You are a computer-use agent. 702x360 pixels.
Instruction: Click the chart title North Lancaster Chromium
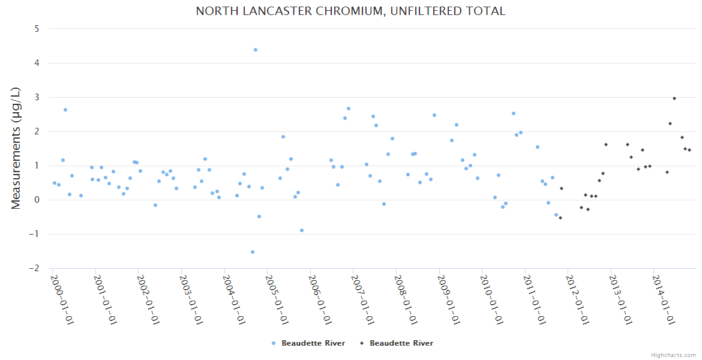(x=350, y=11)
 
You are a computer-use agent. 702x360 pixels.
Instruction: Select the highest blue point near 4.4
(x=256, y=50)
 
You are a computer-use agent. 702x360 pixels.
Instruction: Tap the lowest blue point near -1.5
(x=253, y=252)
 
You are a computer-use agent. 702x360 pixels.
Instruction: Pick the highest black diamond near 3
(x=674, y=98)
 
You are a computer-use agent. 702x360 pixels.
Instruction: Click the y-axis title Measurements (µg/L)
(x=16, y=148)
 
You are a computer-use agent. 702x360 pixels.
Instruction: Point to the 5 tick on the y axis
(x=37, y=28)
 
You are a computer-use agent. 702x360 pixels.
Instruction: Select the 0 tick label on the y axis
(x=37, y=200)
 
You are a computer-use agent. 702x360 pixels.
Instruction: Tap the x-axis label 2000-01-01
(x=62, y=299)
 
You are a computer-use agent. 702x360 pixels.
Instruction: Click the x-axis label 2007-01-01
(x=363, y=299)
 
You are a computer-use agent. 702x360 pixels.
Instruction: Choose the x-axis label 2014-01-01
(x=664, y=299)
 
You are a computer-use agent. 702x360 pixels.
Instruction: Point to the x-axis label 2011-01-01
(x=535, y=299)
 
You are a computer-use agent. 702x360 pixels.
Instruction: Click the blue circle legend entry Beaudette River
(x=308, y=343)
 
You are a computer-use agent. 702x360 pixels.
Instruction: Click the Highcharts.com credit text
(x=674, y=355)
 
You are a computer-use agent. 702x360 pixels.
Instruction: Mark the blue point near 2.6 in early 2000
(x=65, y=110)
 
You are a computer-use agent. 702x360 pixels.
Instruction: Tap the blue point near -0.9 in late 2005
(x=302, y=230)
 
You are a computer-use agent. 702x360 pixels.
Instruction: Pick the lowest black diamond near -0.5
(x=560, y=218)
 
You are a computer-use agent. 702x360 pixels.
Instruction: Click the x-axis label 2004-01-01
(x=234, y=299)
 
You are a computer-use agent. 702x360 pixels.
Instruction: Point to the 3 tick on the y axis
(x=37, y=97)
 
